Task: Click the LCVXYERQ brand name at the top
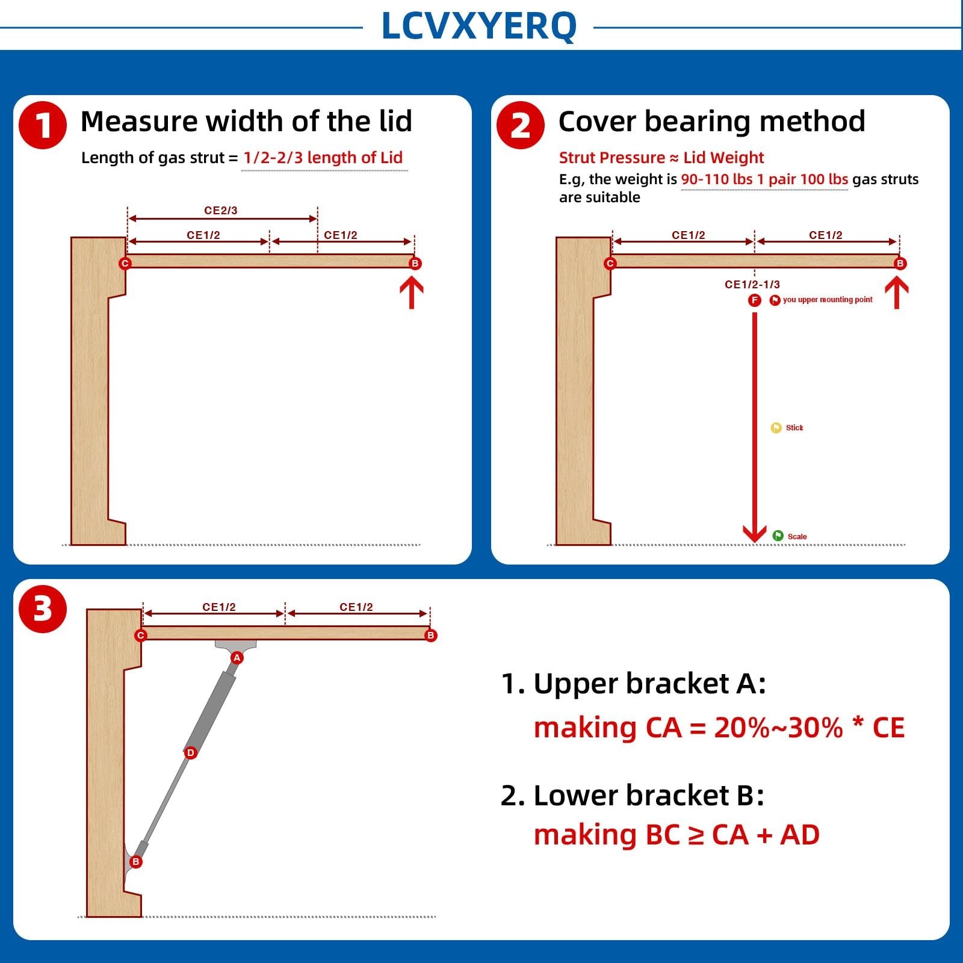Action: (x=479, y=26)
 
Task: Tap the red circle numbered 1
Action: (x=42, y=125)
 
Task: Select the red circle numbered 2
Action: (x=520, y=125)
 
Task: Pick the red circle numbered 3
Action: (x=42, y=608)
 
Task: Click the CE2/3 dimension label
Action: (x=221, y=211)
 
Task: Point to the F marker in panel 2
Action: (x=754, y=300)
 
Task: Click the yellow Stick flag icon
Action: (x=776, y=428)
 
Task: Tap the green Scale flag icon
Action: (x=778, y=536)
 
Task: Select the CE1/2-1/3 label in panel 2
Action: (x=752, y=284)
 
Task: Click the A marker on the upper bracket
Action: (x=237, y=658)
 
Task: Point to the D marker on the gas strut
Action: (x=190, y=752)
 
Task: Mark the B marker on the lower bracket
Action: (x=136, y=862)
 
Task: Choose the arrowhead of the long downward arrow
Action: (x=754, y=534)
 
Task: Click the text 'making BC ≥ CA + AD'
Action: (x=677, y=835)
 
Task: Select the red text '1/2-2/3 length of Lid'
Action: (x=323, y=158)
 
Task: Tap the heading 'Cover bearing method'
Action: (x=712, y=122)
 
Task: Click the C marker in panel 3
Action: (x=141, y=636)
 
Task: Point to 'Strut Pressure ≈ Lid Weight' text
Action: (x=661, y=158)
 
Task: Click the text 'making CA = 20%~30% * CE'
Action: (x=719, y=728)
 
